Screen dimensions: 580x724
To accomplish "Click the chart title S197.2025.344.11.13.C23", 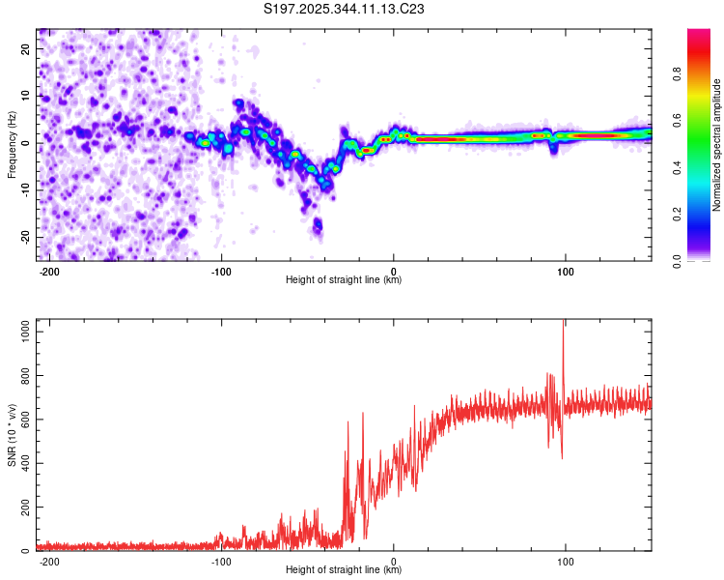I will pyautogui.click(x=345, y=9).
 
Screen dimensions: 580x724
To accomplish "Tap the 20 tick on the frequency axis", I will pyautogui.click(x=26, y=48).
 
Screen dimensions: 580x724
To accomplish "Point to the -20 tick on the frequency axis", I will pyautogui.click(x=24, y=237).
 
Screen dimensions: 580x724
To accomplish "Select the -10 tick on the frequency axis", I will pyautogui.click(x=24, y=189).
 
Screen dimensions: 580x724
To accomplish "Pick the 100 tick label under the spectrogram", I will pyautogui.click(x=565, y=270).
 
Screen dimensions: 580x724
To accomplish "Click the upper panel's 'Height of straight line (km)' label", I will pyautogui.click(x=344, y=280).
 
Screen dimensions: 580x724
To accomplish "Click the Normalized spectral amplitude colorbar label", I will pyautogui.click(x=717, y=145).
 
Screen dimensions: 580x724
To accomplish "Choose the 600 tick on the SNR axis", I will pyautogui.click(x=24, y=420).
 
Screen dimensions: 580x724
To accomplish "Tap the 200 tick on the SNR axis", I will pyautogui.click(x=24, y=507).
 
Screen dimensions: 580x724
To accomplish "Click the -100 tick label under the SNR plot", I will pyautogui.click(x=220, y=561).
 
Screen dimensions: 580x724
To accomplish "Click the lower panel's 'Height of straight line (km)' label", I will pyautogui.click(x=344, y=570).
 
